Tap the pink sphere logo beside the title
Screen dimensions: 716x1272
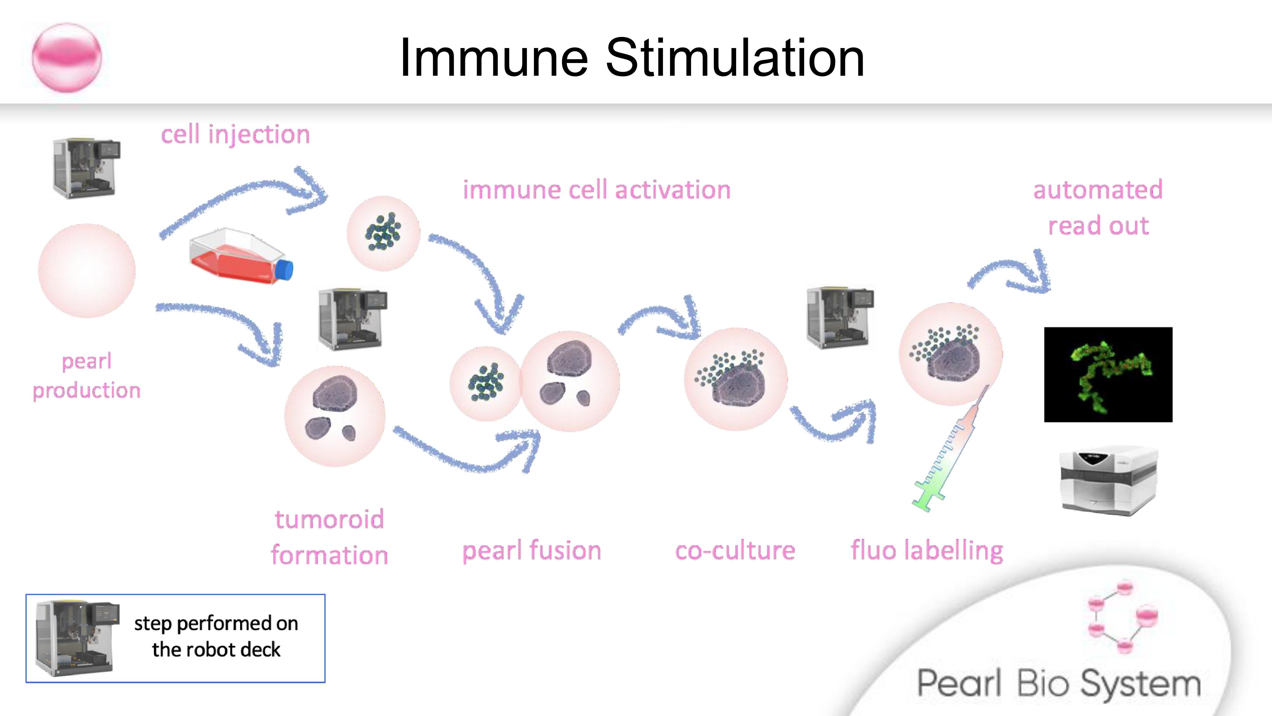pyautogui.click(x=67, y=57)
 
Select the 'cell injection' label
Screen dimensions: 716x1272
pyautogui.click(x=235, y=134)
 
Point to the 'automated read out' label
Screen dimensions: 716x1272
pyautogui.click(x=1098, y=207)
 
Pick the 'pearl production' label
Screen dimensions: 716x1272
pyautogui.click(x=86, y=376)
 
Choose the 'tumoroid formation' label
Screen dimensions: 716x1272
pyautogui.click(x=329, y=537)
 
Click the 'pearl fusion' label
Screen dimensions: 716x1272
pyautogui.click(x=531, y=551)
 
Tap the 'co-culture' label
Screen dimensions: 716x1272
pyautogui.click(x=735, y=551)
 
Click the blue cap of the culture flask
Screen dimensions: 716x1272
pyautogui.click(x=284, y=270)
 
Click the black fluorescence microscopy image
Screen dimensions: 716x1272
pyautogui.click(x=1108, y=375)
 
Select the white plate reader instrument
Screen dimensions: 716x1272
pyautogui.click(x=1108, y=482)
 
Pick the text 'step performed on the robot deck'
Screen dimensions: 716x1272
pyautogui.click(x=216, y=636)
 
